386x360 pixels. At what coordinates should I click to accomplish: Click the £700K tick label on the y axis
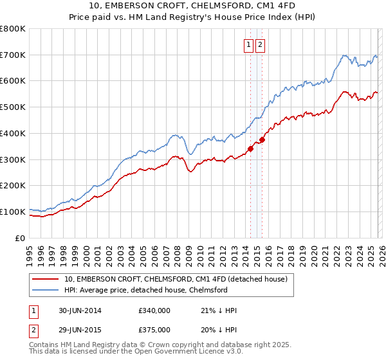point(13,55)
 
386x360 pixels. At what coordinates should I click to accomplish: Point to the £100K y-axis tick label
point(13,212)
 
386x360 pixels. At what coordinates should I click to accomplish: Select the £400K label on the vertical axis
point(13,134)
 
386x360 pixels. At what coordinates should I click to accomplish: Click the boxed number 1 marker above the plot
point(248,45)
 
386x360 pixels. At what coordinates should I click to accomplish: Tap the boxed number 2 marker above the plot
point(260,45)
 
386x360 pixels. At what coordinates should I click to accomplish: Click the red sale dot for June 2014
point(251,148)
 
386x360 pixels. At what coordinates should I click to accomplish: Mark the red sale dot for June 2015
point(262,139)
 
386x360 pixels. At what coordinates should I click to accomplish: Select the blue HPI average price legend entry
point(146,290)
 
